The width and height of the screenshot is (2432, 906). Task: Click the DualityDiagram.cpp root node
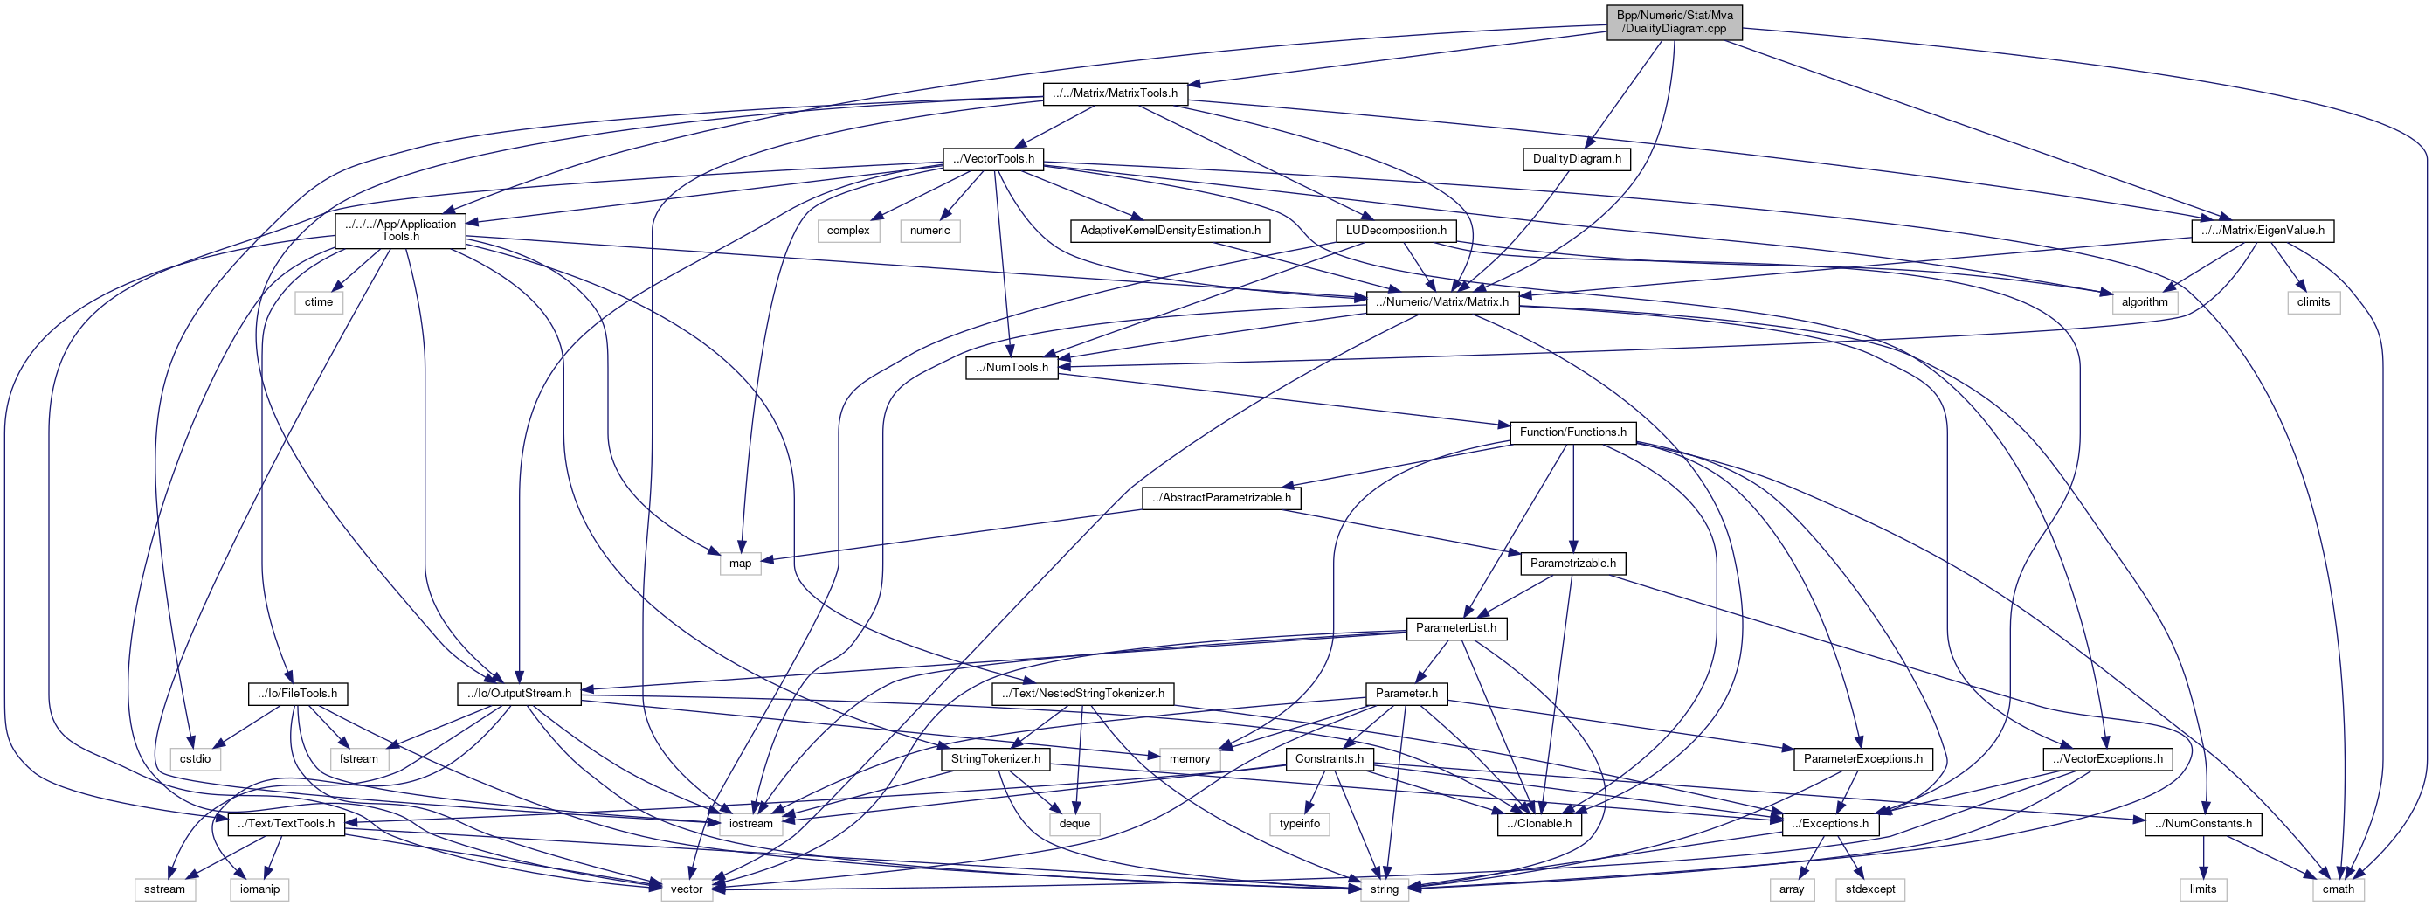tap(1675, 22)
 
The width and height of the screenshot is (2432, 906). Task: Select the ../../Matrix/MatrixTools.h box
tap(1115, 93)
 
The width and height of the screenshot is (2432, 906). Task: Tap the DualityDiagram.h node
tap(1576, 158)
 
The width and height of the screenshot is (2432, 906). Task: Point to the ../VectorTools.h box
tap(993, 158)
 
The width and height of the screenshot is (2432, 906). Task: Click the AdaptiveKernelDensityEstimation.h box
tap(1170, 231)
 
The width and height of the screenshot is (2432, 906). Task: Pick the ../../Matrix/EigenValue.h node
tap(2262, 231)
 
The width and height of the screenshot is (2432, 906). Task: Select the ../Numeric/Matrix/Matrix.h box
tap(1442, 302)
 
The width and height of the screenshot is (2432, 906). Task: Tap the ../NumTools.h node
tap(1011, 367)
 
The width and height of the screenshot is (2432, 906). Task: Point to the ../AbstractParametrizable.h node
tap(1221, 497)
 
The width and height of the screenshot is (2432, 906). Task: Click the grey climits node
tap(2313, 302)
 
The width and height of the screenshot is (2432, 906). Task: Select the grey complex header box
tap(848, 231)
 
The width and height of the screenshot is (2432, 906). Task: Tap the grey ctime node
tap(318, 302)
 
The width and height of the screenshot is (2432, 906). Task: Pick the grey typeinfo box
tap(1299, 824)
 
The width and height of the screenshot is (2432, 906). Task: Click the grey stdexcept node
tap(1870, 889)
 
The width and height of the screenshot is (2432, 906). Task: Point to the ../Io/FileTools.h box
tap(297, 694)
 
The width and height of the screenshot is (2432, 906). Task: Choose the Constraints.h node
tap(1329, 758)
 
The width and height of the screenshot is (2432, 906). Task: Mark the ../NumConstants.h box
tap(2202, 824)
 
